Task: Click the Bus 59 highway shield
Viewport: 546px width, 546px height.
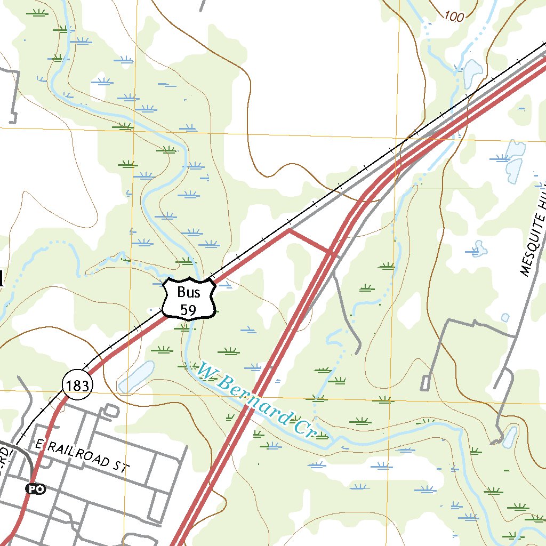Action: point(189,299)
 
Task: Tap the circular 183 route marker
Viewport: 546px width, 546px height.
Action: point(77,385)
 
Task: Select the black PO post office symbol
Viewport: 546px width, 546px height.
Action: point(35,488)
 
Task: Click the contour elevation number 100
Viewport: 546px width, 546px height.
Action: point(453,17)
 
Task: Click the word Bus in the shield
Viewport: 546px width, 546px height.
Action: point(189,292)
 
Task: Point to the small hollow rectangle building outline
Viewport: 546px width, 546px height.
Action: point(425,383)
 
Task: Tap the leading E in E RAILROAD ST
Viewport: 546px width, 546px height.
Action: point(37,444)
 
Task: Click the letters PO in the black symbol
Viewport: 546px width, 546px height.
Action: point(35,488)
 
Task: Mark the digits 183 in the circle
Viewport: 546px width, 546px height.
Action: point(77,385)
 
